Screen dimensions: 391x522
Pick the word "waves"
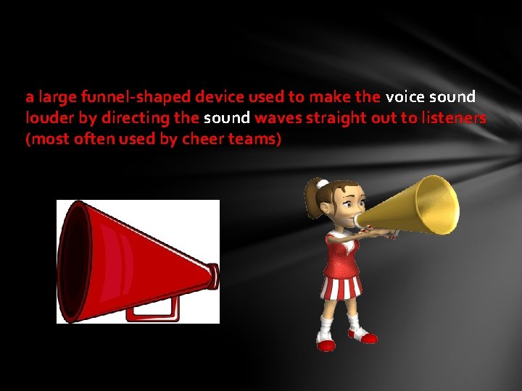tap(275, 118)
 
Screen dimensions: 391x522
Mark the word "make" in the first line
tap(330, 97)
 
